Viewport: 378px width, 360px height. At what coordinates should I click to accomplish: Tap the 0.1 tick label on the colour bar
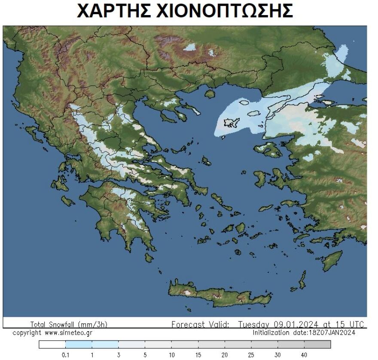pos(65,355)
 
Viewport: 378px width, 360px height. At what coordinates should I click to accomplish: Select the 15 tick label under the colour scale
pos(198,355)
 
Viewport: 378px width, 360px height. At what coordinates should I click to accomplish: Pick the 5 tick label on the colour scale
pos(145,355)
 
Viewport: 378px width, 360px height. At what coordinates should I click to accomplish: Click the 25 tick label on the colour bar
pos(251,355)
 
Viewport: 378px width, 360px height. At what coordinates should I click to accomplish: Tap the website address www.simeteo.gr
pos(68,333)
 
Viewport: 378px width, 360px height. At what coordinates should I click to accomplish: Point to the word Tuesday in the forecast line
pos(254,324)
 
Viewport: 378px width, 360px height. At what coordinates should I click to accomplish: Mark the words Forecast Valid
pos(200,324)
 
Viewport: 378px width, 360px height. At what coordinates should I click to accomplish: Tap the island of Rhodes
pos(333,261)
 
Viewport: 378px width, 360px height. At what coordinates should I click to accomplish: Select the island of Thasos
pos(210,93)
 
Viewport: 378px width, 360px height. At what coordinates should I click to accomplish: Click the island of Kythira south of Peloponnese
pos(149,257)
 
